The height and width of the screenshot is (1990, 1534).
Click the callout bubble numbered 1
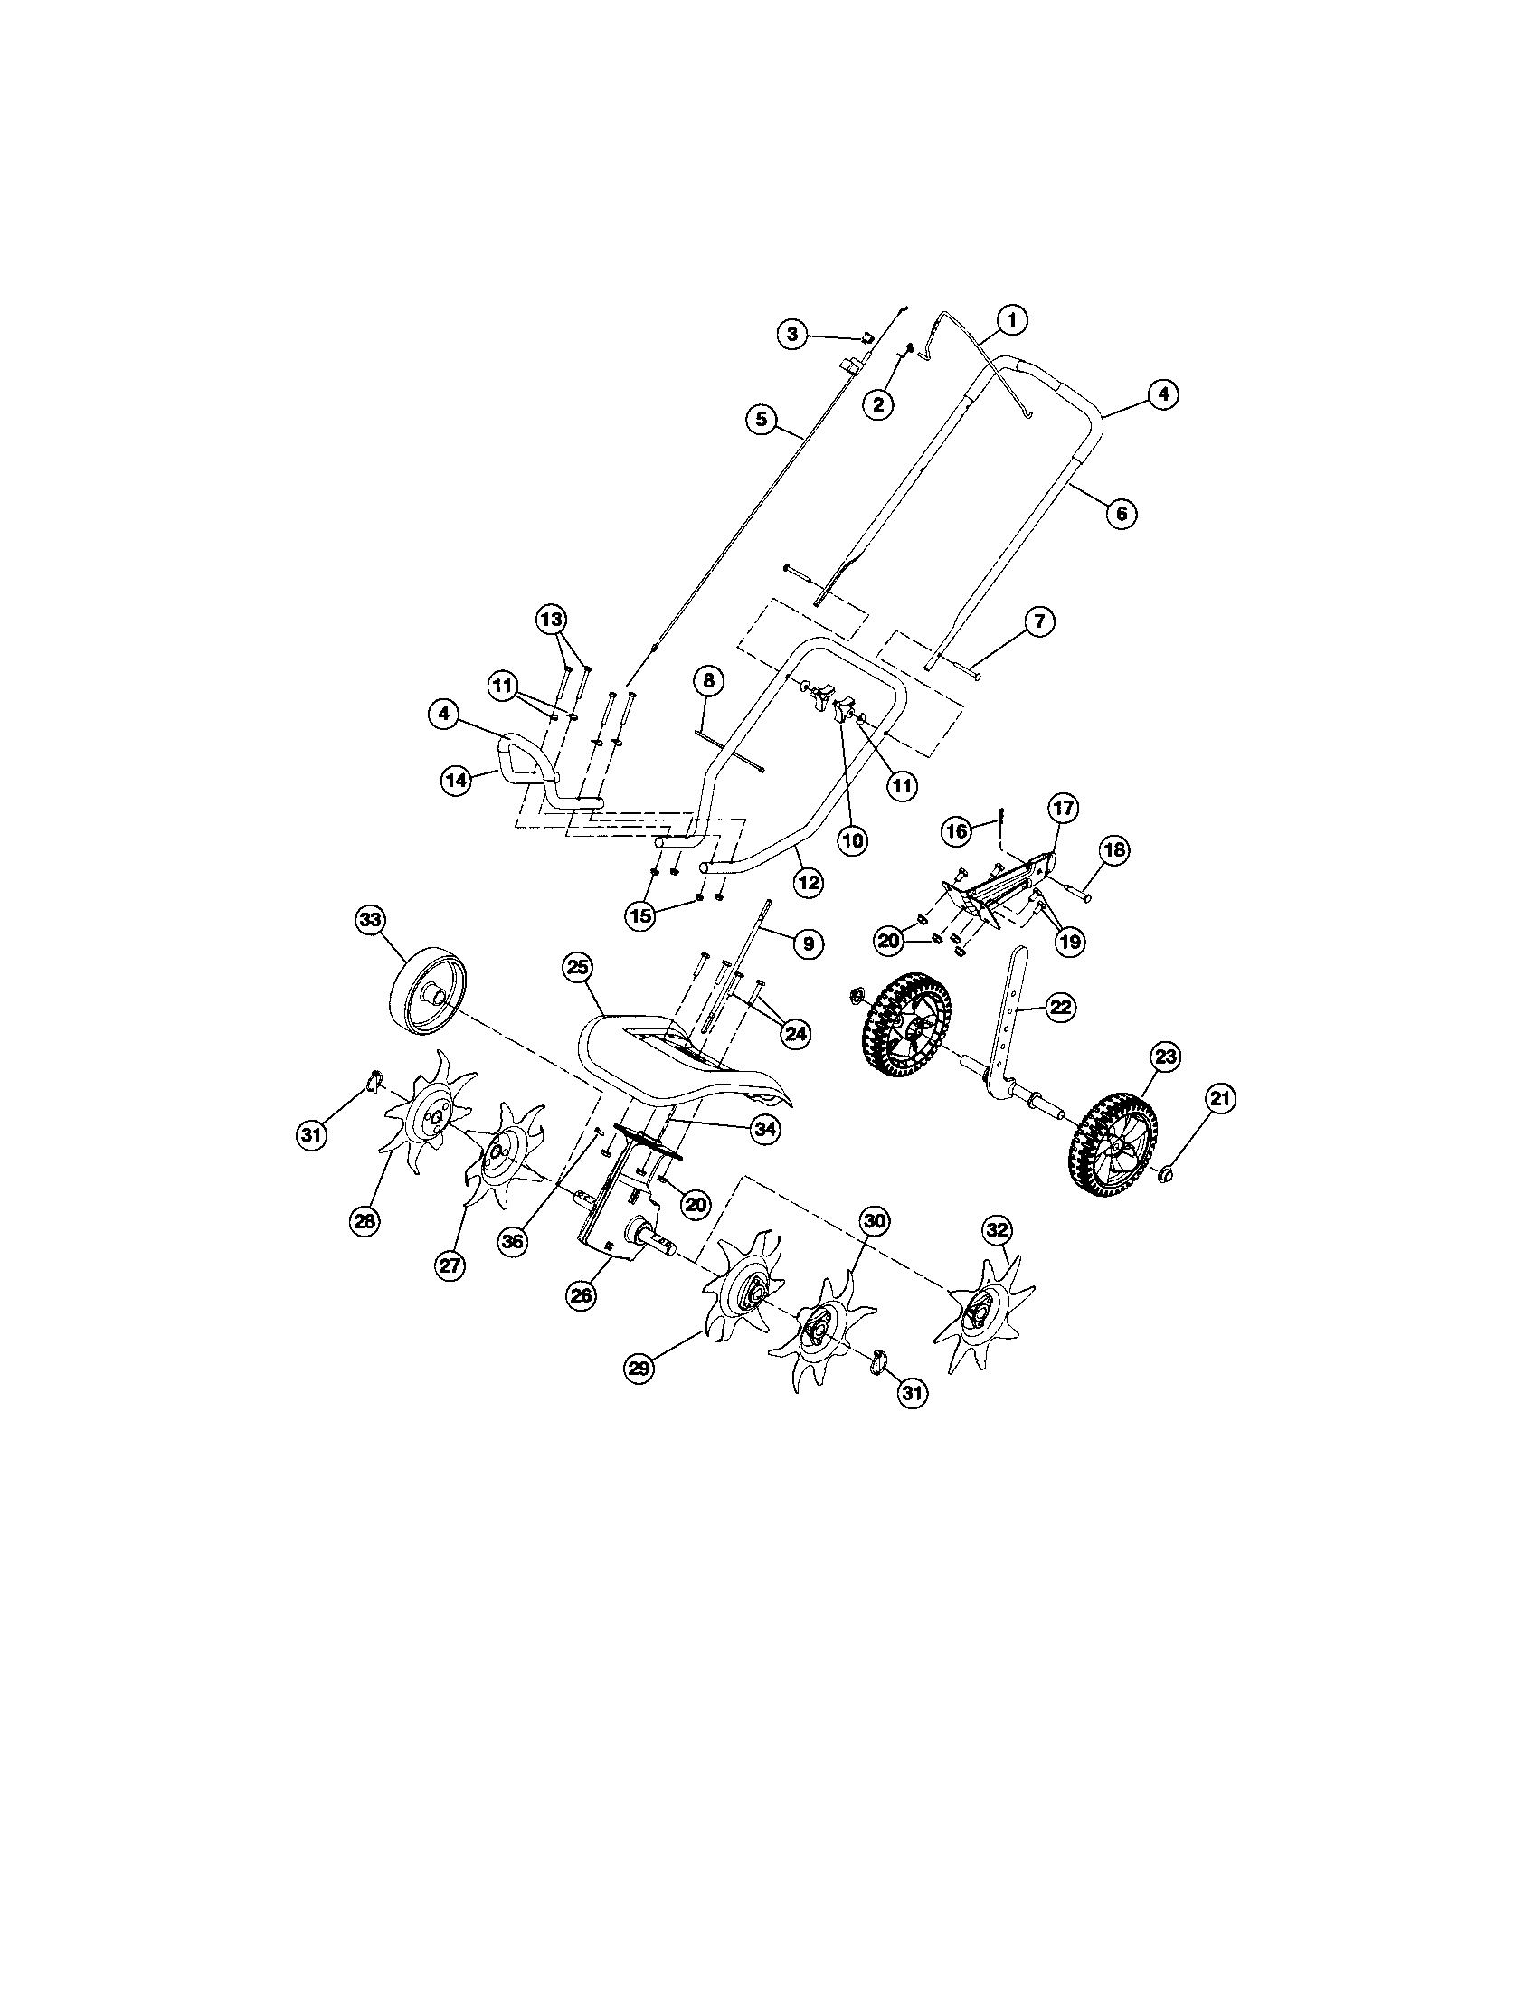1012,320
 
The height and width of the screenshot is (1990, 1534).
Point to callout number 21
1220,1100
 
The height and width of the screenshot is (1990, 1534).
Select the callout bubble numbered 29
640,1393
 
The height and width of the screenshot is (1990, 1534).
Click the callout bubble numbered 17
1064,808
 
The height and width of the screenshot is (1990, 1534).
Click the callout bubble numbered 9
807,945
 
